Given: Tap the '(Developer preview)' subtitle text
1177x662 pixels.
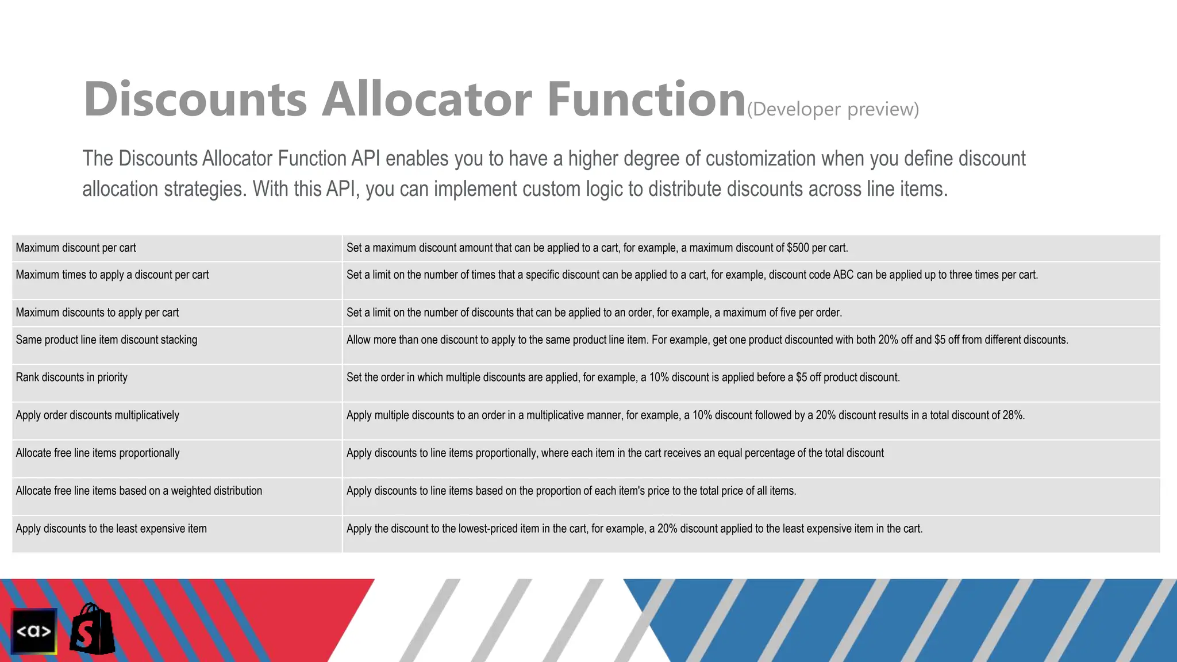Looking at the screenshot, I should (833, 109).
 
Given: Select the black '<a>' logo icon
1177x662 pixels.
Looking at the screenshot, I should (34, 631).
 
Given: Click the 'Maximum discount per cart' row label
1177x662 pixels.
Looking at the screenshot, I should (76, 248).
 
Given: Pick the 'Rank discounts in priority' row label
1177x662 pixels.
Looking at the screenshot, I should (72, 378).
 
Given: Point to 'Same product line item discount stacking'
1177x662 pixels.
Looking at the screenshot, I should (106, 340).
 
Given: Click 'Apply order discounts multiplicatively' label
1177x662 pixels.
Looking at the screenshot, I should (98, 415).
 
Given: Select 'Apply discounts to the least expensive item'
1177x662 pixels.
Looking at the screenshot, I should (111, 529).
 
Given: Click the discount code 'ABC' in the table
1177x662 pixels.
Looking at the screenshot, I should (843, 275).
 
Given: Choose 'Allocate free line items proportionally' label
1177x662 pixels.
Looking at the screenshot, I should (98, 453).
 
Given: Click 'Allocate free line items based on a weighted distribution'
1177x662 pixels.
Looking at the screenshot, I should (139, 491).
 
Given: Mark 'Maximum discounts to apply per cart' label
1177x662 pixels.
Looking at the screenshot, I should (97, 313).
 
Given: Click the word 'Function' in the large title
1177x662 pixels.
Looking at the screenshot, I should (646, 99).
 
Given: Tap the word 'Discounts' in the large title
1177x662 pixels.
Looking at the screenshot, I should (195, 99).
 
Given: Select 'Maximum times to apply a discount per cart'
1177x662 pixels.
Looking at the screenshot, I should (112, 275).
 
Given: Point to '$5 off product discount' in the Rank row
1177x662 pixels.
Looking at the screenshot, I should (847, 378).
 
